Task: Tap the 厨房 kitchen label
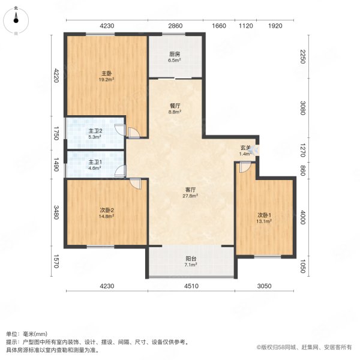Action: (175, 54)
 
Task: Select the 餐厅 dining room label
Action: (175, 106)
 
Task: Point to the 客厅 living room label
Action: (191, 190)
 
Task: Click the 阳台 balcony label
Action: (191, 259)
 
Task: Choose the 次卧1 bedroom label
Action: (265, 215)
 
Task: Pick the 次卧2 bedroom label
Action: (107, 210)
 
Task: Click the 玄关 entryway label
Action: (245, 148)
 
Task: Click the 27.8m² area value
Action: (191, 195)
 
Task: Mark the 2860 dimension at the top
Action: (175, 26)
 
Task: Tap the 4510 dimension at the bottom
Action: (191, 287)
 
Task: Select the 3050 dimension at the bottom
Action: (265, 287)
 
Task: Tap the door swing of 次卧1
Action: (242, 168)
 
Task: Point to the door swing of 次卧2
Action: (136, 184)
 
